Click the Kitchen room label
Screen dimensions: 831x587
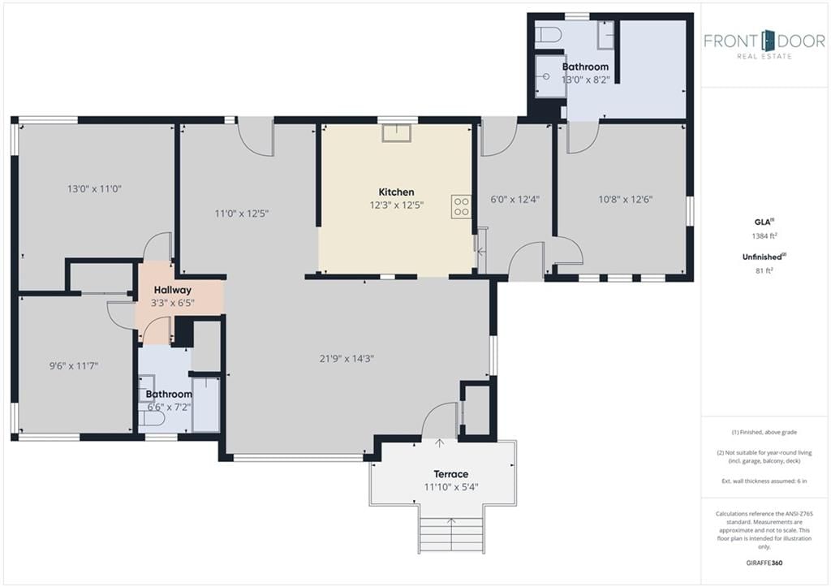point(396,192)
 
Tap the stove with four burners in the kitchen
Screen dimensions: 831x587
point(461,207)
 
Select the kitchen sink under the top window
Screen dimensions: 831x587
point(396,133)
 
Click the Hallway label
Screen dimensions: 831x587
point(173,290)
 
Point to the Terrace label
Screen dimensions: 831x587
point(451,474)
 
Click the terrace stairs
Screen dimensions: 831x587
point(451,533)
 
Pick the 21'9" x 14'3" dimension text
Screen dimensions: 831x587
point(347,359)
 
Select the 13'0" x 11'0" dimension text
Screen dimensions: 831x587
point(94,188)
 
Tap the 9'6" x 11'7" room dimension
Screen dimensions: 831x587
point(74,365)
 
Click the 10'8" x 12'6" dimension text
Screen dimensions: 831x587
point(626,200)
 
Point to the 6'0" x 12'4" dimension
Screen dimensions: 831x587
point(515,200)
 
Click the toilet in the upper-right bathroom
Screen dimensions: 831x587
point(548,35)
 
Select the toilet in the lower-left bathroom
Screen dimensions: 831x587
point(152,418)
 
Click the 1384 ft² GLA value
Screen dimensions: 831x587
point(764,236)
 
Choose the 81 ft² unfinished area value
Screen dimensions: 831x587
point(764,270)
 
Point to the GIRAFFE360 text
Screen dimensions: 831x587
point(764,563)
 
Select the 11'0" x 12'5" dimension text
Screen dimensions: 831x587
point(242,214)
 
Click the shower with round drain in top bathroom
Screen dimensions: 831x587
point(550,76)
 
